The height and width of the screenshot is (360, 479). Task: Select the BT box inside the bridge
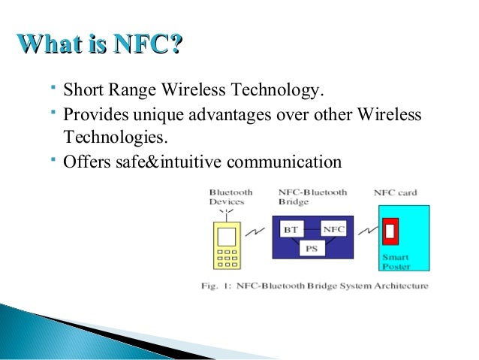point(291,228)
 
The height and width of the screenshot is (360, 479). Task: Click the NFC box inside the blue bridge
point(333,228)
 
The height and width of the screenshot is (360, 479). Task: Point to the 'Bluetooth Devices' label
point(230,198)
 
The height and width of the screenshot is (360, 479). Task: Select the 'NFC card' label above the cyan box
point(395,193)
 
